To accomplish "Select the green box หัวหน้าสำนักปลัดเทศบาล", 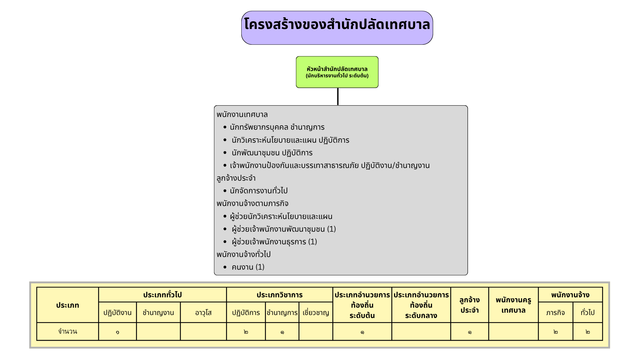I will pyautogui.click(x=337, y=72).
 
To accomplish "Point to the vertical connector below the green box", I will pyautogui.click(x=338, y=97).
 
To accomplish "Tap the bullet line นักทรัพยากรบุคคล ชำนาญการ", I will pyautogui.click(x=277, y=127).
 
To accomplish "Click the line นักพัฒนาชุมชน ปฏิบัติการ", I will pyautogui.click(x=272, y=153).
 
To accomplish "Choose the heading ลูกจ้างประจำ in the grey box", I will pyautogui.click(x=236, y=178).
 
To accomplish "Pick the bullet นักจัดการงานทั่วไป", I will pyautogui.click(x=259, y=191).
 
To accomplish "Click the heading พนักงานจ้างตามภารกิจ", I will pyautogui.click(x=252, y=204).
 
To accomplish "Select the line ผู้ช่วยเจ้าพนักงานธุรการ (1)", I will pyautogui.click(x=274, y=242).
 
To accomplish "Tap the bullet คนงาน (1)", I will pyautogui.click(x=248, y=267).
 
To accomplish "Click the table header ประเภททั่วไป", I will pyautogui.click(x=162, y=295).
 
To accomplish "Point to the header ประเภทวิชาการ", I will pyautogui.click(x=279, y=295).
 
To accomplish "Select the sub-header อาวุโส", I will pyautogui.click(x=203, y=313).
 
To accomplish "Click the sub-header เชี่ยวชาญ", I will pyautogui.click(x=316, y=313).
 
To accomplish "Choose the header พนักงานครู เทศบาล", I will pyautogui.click(x=513, y=305).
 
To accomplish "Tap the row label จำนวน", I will pyautogui.click(x=68, y=332).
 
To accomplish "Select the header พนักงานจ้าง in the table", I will pyautogui.click(x=570, y=295).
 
